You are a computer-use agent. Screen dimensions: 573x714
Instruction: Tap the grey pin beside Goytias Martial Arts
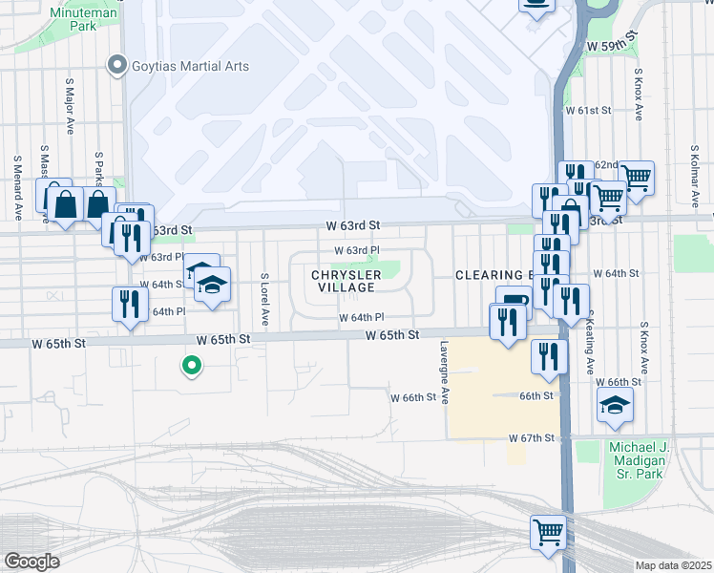tap(117, 66)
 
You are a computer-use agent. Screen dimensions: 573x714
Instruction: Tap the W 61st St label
tap(588, 111)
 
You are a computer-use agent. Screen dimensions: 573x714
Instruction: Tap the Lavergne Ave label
tap(444, 373)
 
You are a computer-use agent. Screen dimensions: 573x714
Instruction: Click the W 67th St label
tap(533, 437)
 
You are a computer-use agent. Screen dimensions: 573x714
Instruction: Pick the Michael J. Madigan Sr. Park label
tap(640, 463)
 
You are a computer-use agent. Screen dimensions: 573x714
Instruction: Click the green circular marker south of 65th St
tap(192, 365)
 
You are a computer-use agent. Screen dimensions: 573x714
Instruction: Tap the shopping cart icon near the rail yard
tap(548, 530)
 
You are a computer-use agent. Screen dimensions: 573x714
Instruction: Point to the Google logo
tap(31, 562)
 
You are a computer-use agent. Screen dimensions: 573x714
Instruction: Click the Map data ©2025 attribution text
tap(673, 565)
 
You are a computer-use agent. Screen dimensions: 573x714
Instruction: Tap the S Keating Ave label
tap(591, 341)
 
